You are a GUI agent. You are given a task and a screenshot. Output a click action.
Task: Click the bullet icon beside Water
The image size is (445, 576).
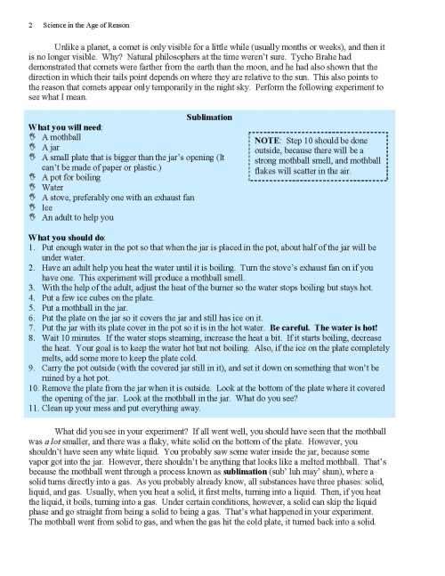tap(34, 187)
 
